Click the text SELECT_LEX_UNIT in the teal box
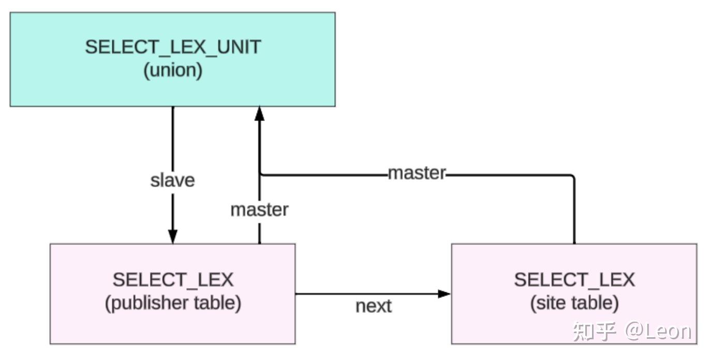[x=173, y=47]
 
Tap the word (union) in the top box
[x=173, y=70]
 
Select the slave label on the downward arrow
[x=172, y=181]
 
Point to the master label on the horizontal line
[x=417, y=173]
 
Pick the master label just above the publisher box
[x=259, y=209]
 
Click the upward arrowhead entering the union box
[x=259, y=114]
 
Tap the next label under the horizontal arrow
[x=374, y=306]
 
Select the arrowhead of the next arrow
[x=444, y=294]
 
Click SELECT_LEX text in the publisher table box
[x=173, y=280]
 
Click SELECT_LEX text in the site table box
[x=574, y=280]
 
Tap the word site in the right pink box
[x=551, y=303]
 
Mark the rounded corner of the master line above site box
[x=573, y=177]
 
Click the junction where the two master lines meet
[x=260, y=175]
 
